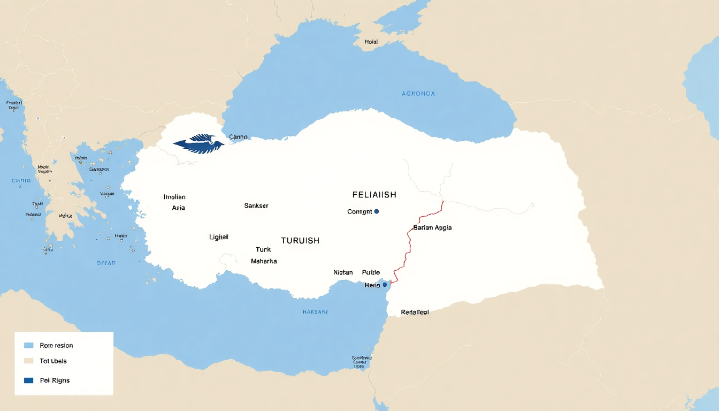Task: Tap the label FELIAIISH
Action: coord(374,195)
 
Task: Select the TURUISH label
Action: coord(300,241)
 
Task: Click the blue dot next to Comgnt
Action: coord(377,211)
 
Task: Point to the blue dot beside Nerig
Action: coord(385,285)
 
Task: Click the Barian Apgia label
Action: coord(432,227)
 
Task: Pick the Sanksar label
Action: coord(256,205)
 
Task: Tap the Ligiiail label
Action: coord(219,237)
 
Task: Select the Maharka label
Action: coord(264,261)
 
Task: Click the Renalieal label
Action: coord(415,312)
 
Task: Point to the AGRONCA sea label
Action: coord(418,94)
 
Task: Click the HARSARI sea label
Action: coord(315,311)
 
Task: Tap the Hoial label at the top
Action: coord(371,42)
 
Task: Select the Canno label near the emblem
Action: coord(238,137)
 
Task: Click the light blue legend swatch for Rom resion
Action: coord(29,345)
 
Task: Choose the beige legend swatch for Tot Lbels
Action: coord(29,361)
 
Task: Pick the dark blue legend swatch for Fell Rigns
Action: coord(29,380)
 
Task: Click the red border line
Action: coord(410,246)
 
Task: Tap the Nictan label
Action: coord(343,272)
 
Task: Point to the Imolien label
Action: coord(174,197)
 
